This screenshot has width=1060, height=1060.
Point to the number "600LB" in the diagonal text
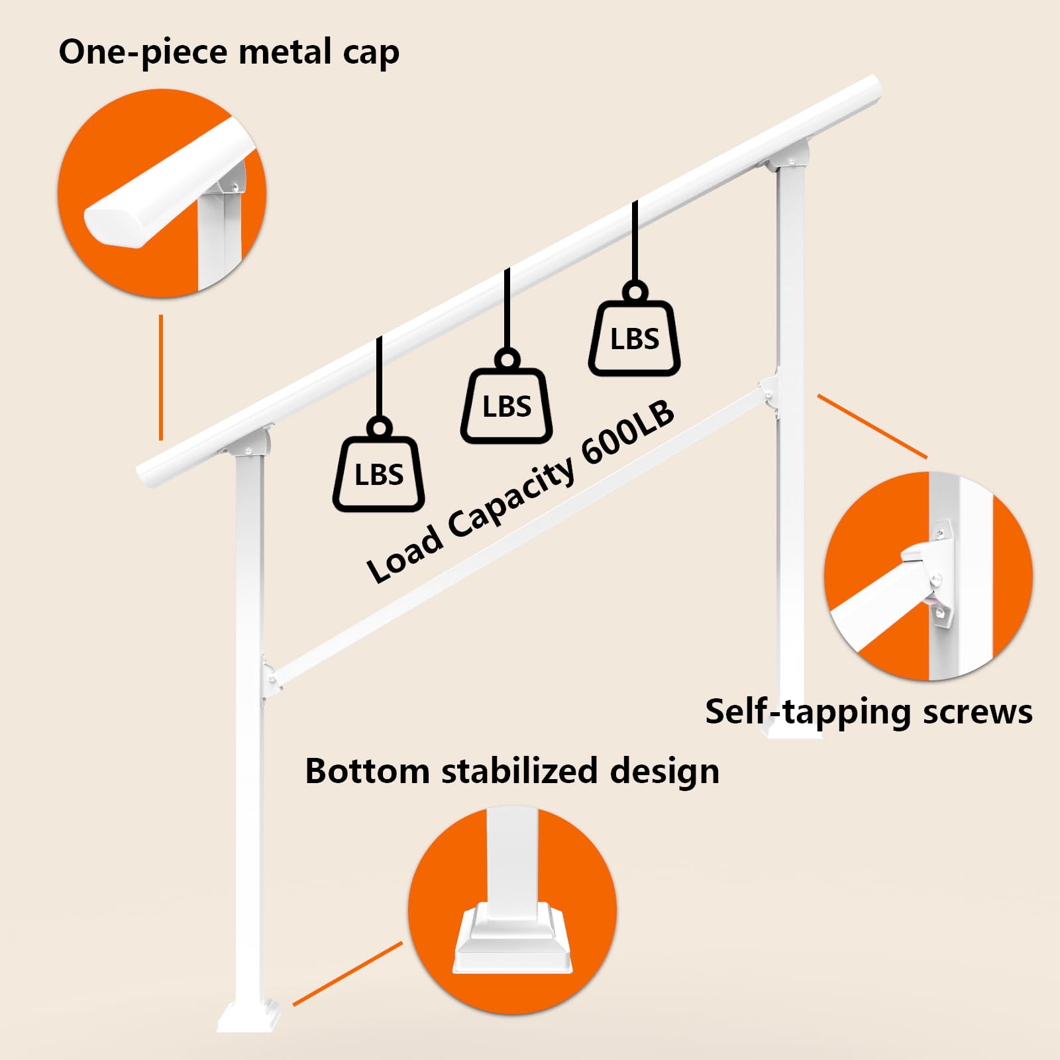point(628,433)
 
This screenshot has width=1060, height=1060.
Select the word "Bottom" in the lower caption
point(367,771)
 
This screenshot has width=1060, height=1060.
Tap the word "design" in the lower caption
point(664,772)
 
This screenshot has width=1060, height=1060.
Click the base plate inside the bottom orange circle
point(513,937)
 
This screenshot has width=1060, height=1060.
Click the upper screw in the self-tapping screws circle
point(939,533)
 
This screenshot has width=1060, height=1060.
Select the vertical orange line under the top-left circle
point(160,377)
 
